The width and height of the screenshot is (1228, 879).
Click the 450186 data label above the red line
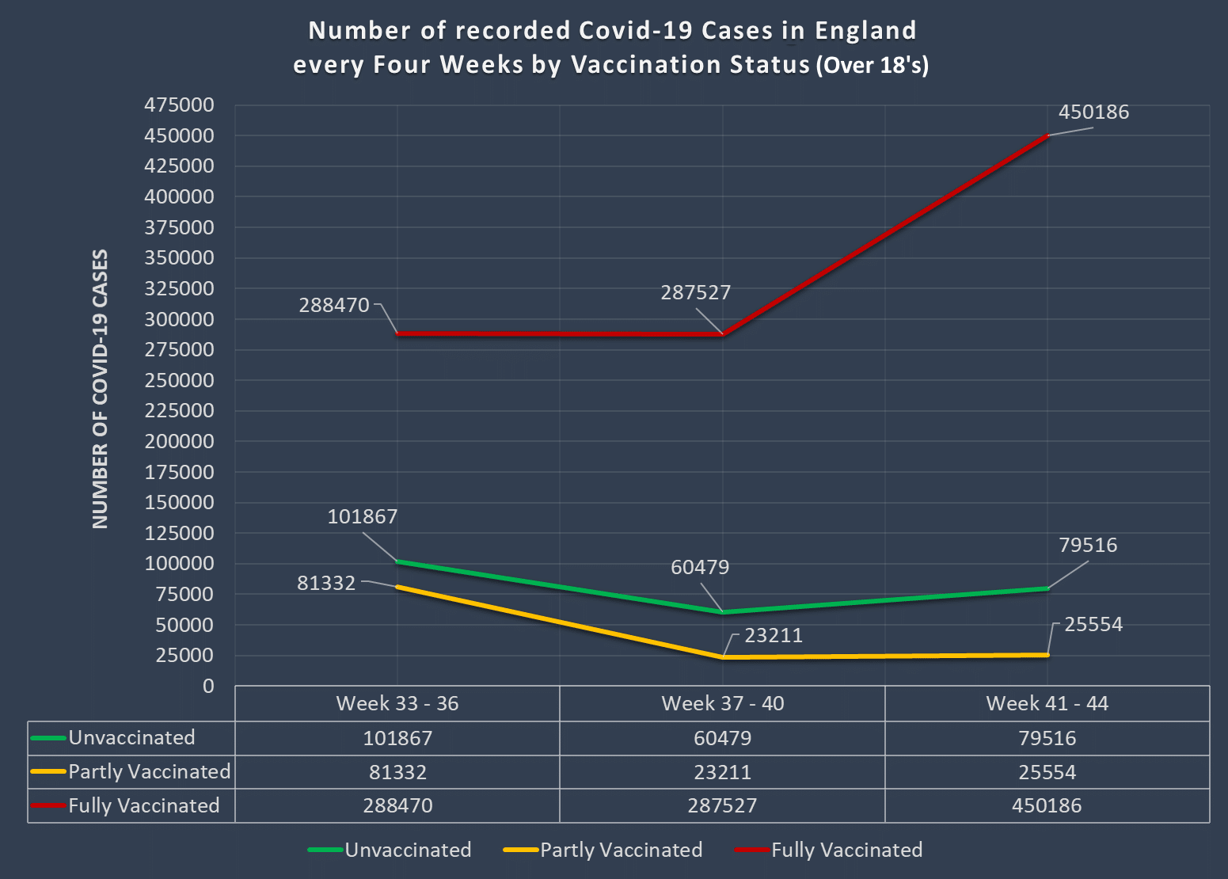pos(1093,112)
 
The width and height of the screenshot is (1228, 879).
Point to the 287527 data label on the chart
pos(695,293)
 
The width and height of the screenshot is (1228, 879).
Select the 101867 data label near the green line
pos(363,517)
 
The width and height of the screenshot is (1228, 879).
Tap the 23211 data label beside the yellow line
pos(773,636)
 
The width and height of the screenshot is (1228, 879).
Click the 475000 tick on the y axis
pos(179,105)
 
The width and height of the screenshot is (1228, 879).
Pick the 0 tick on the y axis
pos(208,687)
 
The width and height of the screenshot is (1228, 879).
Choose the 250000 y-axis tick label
pos(179,381)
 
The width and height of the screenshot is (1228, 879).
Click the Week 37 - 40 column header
pos(722,704)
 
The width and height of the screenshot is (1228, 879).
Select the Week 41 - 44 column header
pos(1047,704)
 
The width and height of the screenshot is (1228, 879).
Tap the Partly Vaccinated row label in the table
pos(149,772)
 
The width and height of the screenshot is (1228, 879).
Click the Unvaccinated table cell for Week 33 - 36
pos(397,739)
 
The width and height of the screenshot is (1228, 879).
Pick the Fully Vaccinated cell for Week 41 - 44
pos(1047,806)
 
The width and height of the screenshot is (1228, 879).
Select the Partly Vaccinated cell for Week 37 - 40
pos(722,772)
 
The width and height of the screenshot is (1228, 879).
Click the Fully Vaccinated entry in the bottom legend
pos(846,850)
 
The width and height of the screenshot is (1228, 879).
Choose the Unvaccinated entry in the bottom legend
pos(408,850)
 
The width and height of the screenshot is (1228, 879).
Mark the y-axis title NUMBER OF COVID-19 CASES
pos(101,390)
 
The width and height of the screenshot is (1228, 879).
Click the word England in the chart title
pos(865,31)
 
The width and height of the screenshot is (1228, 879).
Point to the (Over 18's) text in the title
pos(872,65)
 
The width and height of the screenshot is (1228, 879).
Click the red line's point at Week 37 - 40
pos(722,334)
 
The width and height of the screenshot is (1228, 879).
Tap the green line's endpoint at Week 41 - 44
pos(1047,588)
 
